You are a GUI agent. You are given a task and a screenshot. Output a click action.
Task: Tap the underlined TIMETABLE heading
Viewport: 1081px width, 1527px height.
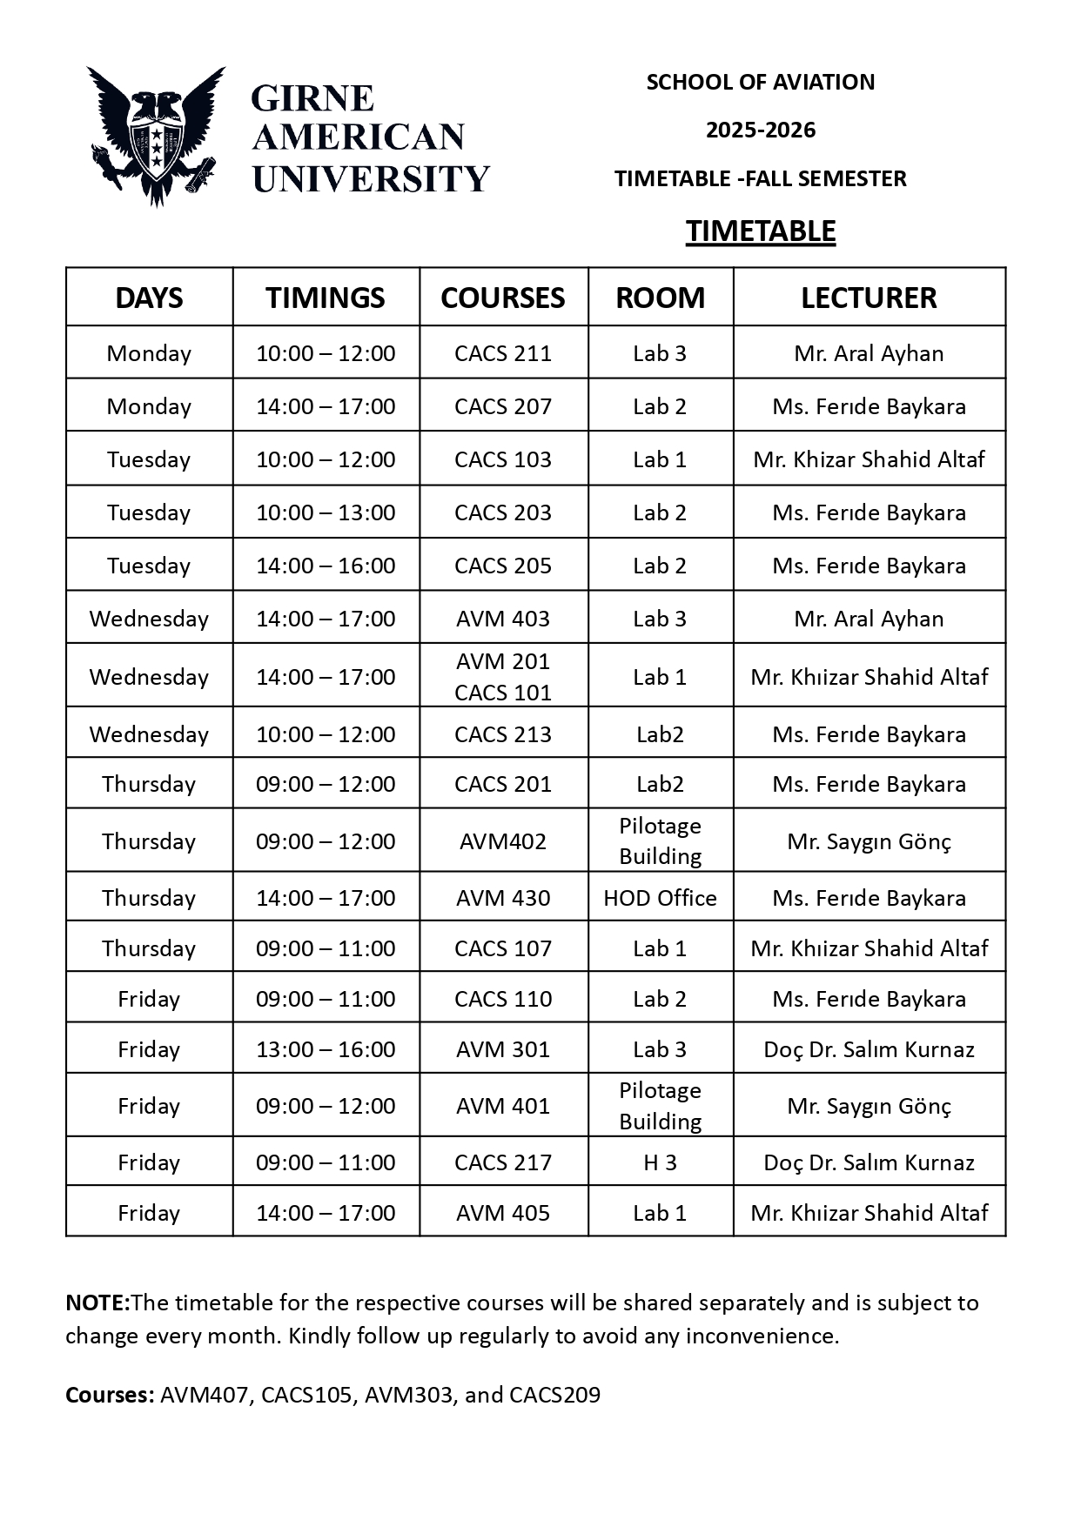[x=760, y=231]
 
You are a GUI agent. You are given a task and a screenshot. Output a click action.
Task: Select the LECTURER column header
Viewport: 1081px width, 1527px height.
[x=869, y=298]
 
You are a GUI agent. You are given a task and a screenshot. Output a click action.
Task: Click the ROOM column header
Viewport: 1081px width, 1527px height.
[x=660, y=298]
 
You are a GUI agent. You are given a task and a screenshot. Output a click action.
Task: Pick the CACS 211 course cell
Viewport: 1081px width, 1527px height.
[x=503, y=353]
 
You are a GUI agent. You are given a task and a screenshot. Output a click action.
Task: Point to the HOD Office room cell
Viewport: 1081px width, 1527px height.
[x=660, y=898]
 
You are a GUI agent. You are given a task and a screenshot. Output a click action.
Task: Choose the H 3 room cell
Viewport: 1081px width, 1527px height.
[x=660, y=1162]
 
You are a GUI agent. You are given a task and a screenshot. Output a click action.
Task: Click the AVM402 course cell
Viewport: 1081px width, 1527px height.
[x=503, y=841]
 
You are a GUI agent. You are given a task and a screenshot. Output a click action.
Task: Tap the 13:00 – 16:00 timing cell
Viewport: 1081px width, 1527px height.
[x=326, y=1049]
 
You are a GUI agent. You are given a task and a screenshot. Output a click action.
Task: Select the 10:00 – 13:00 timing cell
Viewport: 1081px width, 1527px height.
[x=326, y=512]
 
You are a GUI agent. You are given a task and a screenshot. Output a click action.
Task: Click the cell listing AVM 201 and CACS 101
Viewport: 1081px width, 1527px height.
[x=503, y=677]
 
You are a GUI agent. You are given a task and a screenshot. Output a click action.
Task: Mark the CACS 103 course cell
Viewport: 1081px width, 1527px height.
[x=503, y=459]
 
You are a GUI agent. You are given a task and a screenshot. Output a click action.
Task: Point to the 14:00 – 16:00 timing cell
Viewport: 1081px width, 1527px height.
[x=326, y=566]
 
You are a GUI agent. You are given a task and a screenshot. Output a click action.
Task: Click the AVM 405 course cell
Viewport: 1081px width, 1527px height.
[x=503, y=1213]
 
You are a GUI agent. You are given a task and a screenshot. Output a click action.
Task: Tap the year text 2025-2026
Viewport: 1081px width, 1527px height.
[x=760, y=131]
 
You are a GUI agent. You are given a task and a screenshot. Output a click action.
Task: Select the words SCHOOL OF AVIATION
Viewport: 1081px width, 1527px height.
[x=760, y=83]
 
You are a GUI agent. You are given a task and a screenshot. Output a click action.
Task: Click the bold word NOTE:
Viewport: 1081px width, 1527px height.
[x=97, y=1303]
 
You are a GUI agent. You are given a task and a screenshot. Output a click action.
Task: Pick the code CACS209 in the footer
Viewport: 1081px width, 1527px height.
[x=554, y=1395]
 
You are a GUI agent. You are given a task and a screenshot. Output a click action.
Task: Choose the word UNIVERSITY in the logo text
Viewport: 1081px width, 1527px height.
[x=371, y=179]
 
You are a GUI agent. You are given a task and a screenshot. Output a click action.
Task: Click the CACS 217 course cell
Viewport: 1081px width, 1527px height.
[x=503, y=1162]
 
